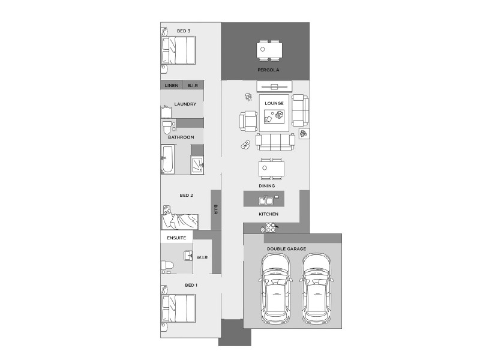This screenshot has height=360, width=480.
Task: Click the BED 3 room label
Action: coord(184,31)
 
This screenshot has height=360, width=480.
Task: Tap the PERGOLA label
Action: coord(265,70)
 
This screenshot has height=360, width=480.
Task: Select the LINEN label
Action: coord(172,86)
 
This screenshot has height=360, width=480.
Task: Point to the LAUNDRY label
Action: coord(185,104)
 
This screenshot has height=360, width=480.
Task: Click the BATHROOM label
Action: coord(181,137)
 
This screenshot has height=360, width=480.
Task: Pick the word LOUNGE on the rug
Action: coord(274,103)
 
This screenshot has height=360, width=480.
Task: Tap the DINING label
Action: coord(267,186)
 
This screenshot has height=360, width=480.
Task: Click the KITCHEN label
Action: coord(269,214)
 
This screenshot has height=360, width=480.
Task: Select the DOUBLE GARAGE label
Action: coord(286,248)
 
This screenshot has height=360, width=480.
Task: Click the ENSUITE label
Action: coord(176,238)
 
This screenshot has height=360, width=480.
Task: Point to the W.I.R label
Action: coord(202,258)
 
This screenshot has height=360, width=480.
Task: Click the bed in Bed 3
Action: coord(179,50)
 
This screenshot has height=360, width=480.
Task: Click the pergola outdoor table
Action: coord(269,50)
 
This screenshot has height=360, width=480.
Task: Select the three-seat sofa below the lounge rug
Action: coord(275,142)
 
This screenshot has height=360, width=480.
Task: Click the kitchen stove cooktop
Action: coord(269,229)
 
